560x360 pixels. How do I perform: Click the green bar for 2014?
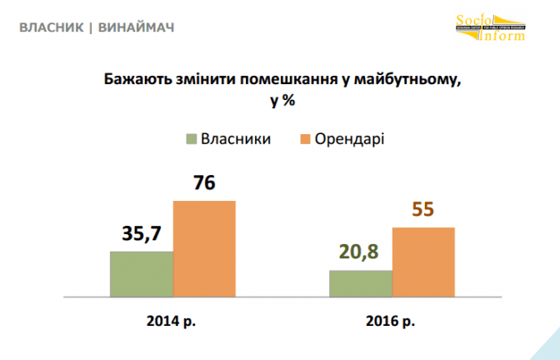pos(142,273)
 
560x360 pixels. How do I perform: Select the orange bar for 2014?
pos(204,248)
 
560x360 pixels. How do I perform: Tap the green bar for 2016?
pos(360,283)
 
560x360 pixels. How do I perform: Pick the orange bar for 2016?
pos(423,262)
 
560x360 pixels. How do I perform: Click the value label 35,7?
pos(140,236)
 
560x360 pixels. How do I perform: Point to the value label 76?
pos(204,183)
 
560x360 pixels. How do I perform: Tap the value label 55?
pos(423,210)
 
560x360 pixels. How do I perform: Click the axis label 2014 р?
pos(172,320)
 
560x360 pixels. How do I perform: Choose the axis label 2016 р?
pos(391,320)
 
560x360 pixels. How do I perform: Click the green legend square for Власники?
pos(192,138)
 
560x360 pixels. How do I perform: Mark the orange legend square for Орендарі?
pos(306,138)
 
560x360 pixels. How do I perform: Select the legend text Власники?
pos(237,138)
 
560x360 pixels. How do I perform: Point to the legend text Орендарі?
pos(349,138)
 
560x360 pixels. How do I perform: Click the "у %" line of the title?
pos(281,101)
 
